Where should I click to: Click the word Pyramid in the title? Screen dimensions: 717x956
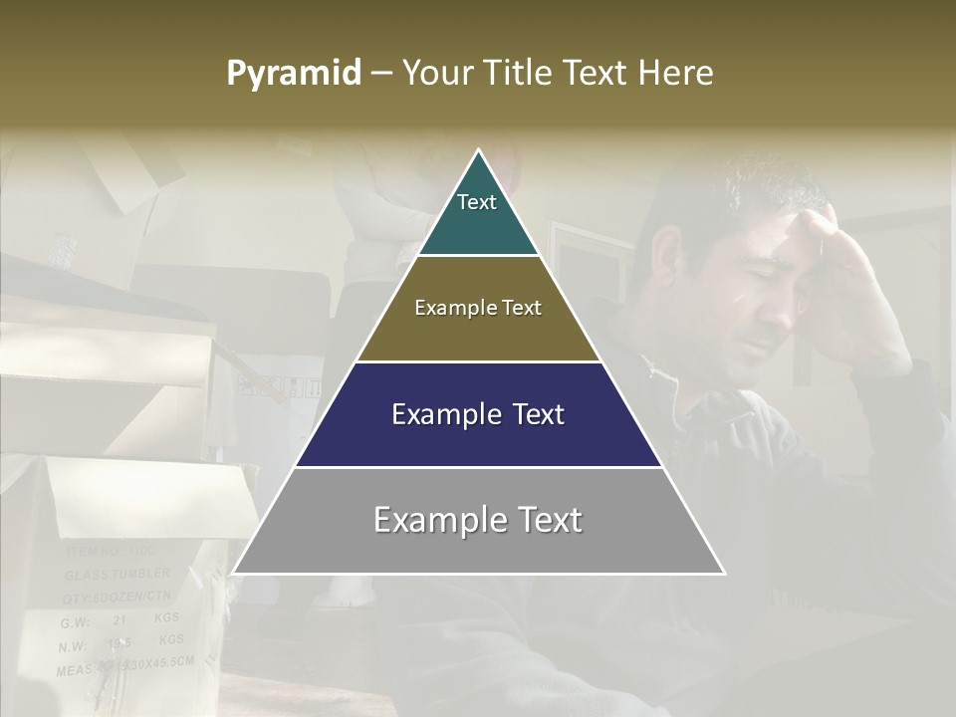(x=293, y=74)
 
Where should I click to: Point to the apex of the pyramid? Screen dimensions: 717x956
(x=479, y=151)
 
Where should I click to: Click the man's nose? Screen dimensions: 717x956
(x=772, y=317)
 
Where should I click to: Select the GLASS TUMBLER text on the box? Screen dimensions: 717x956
(x=118, y=575)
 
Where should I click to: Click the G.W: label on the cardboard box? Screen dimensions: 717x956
(x=75, y=622)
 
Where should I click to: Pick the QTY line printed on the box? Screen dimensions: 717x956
(x=115, y=597)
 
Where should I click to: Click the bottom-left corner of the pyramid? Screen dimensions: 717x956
(x=234, y=573)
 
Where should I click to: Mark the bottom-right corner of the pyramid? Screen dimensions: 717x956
(x=724, y=573)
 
